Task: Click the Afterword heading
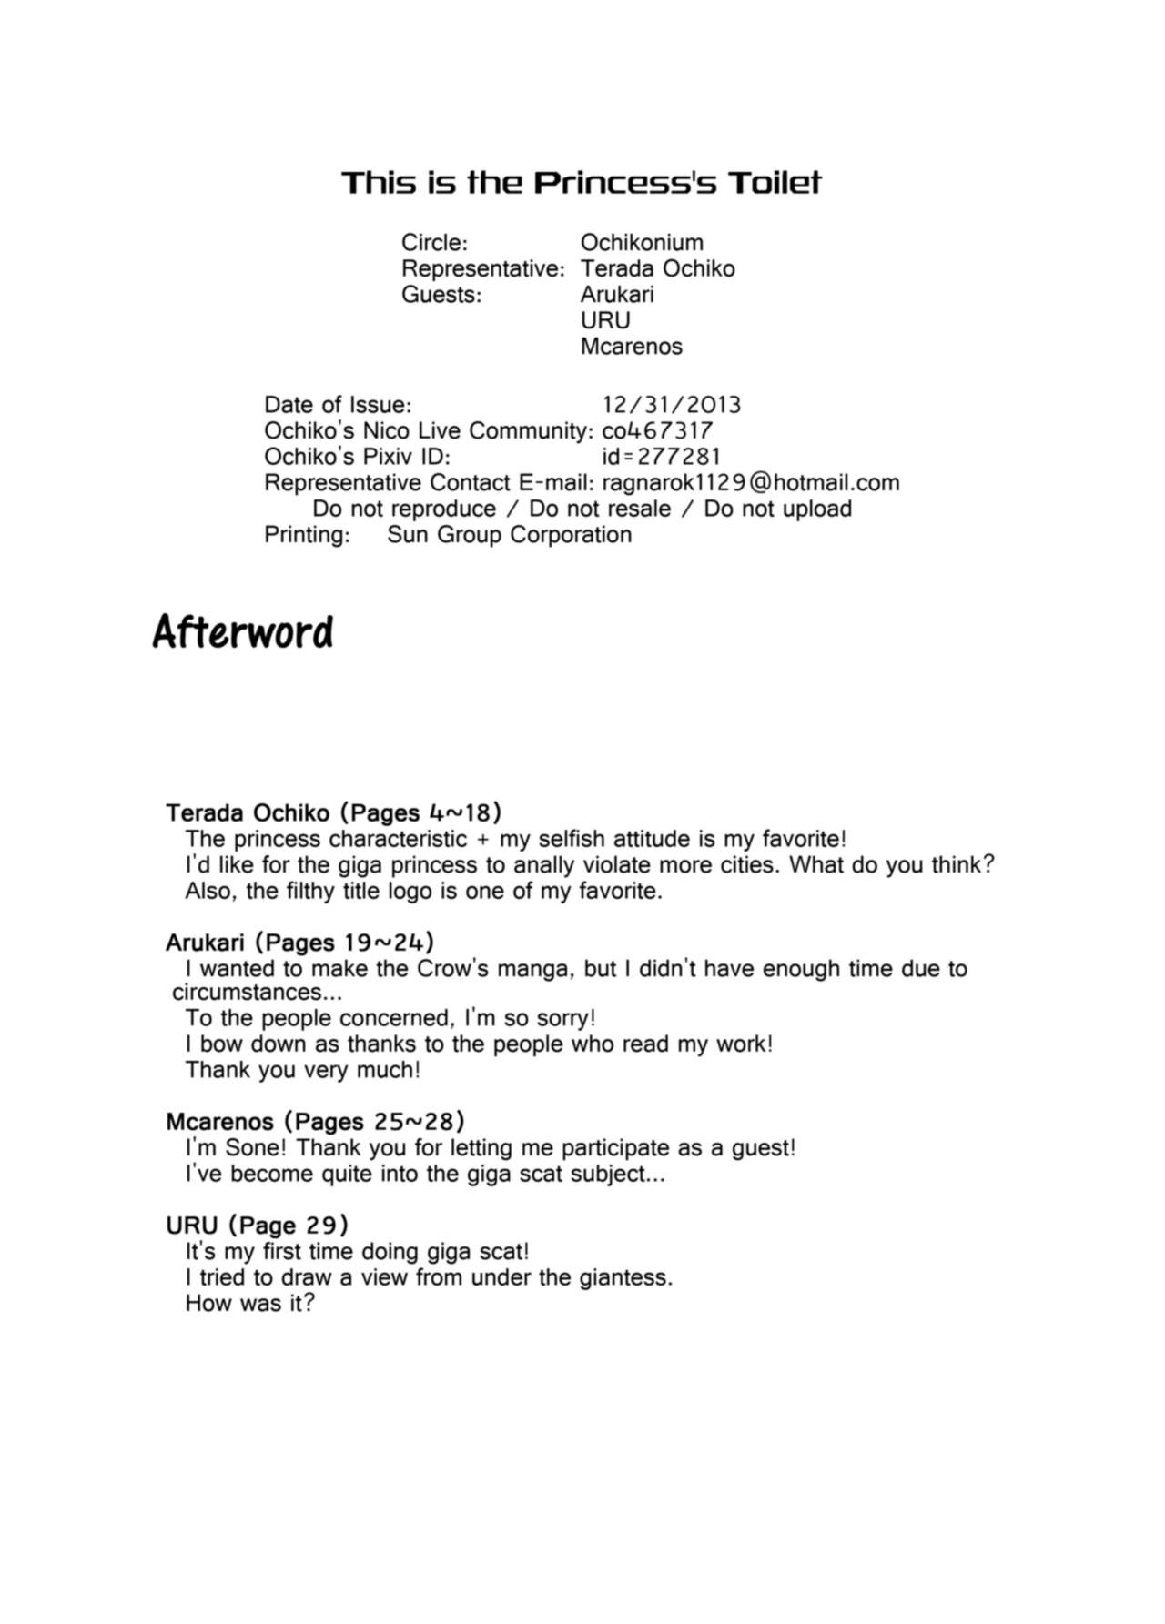(243, 632)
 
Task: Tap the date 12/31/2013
(672, 405)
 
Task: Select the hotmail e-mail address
(751, 483)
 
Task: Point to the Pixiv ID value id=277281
(661, 457)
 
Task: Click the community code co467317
(657, 431)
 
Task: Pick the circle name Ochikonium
(642, 243)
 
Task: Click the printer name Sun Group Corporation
(509, 535)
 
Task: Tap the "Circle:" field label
(434, 243)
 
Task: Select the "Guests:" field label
(441, 295)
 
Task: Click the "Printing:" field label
(307, 535)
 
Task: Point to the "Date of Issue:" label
(338, 405)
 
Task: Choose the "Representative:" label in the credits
(482, 269)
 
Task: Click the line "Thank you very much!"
(302, 1070)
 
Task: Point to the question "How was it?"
(249, 1303)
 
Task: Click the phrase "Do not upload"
(777, 509)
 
